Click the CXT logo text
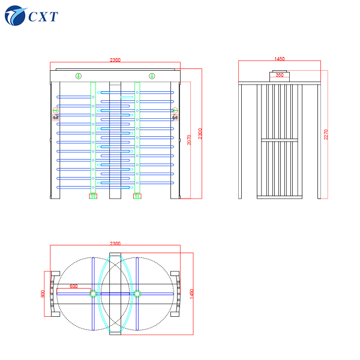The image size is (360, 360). point(43,16)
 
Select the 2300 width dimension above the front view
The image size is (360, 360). point(115,60)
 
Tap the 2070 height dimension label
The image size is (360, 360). point(189,139)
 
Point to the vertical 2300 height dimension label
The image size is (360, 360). point(200,134)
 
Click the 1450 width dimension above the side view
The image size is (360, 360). point(279,59)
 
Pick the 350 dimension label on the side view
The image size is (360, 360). point(280,75)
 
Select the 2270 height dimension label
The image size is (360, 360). point(326,135)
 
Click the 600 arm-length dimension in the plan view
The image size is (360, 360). point(73,286)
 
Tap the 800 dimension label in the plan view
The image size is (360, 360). point(43,293)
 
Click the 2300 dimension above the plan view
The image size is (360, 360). point(115,244)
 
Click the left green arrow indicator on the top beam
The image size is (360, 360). point(78,76)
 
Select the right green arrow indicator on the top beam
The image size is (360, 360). point(152,76)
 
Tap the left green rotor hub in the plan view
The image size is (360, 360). point(93,293)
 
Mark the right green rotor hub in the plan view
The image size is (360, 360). point(137,293)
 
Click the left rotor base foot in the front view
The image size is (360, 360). point(93,195)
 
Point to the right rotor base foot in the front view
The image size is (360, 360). point(137,195)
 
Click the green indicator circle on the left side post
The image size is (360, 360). point(55,110)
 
